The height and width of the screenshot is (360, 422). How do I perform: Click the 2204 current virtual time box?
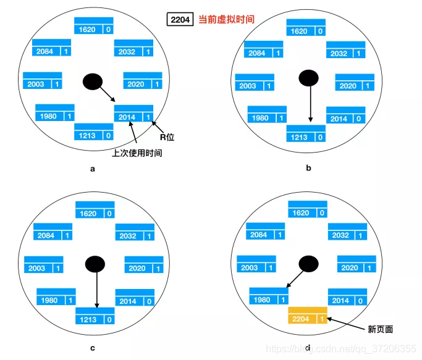coord(180,19)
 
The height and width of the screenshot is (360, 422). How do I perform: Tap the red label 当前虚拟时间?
coord(226,19)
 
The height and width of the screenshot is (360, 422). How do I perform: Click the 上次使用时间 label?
coord(137,153)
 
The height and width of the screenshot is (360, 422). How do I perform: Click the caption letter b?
coord(308,167)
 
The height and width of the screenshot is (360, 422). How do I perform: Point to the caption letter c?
coord(93,348)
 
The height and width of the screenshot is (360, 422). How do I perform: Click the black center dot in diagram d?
coord(308,264)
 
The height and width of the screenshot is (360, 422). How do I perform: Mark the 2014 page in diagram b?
coord(345,115)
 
